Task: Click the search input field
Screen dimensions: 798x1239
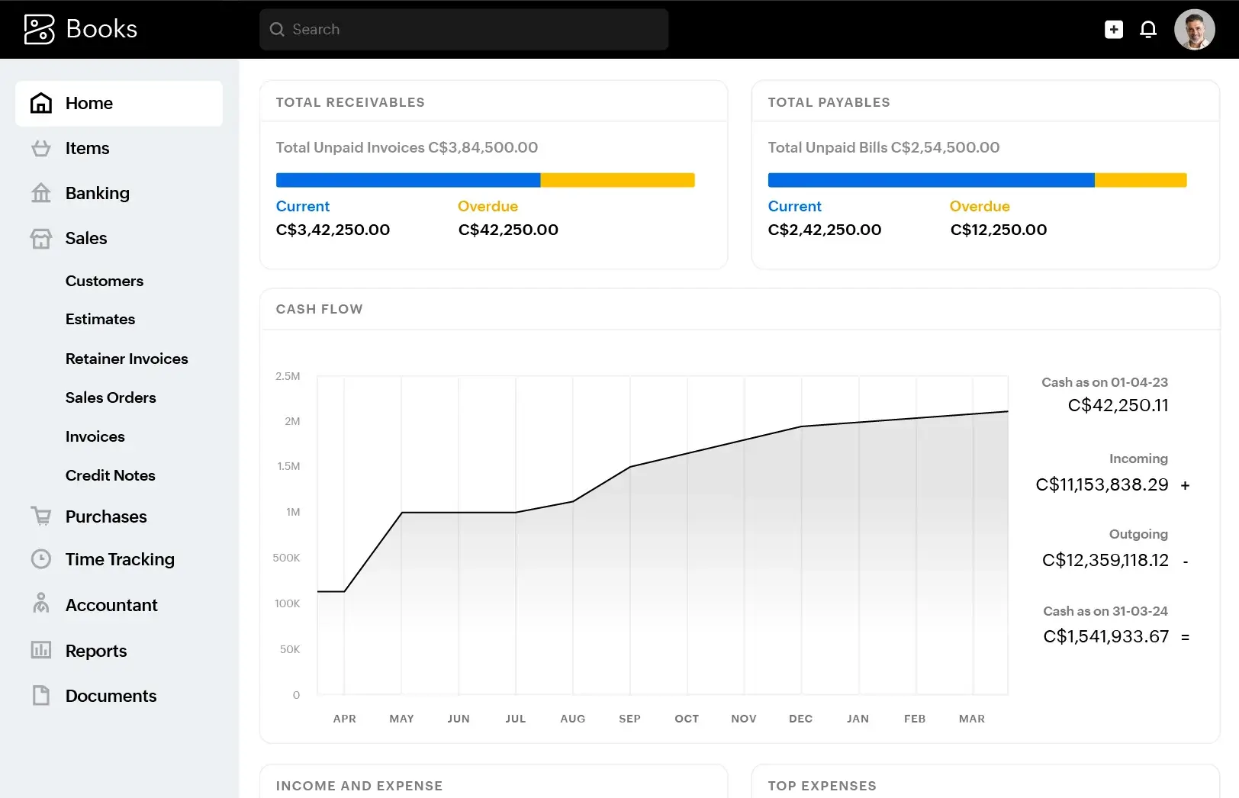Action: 464,30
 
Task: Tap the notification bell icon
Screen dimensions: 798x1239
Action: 1147,30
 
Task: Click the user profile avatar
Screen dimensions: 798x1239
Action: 1194,30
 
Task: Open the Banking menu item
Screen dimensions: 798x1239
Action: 97,193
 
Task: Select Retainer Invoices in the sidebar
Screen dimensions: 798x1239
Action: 127,359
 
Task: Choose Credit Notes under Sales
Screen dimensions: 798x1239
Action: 110,475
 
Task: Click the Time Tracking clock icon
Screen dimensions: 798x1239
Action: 41,559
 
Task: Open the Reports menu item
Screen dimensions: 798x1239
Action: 96,651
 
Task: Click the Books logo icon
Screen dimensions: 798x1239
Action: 40,30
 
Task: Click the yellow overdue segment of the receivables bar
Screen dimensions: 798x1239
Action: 617,180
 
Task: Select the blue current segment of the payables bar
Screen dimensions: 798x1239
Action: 931,180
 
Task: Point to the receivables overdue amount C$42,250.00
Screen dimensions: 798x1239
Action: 508,230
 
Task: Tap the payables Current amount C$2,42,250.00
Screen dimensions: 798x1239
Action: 824,230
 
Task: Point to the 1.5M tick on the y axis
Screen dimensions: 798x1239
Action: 288,466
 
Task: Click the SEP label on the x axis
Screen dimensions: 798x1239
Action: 629,719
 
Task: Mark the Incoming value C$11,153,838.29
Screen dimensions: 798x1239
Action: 1102,484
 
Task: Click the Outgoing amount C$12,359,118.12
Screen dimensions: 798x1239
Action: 1105,560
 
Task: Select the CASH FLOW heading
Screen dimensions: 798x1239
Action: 319,309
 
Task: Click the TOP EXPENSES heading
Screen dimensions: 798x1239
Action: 822,786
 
